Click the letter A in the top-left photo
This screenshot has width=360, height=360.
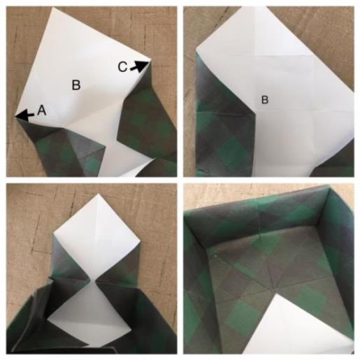tap(42, 110)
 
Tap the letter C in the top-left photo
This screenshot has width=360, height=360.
tap(122, 67)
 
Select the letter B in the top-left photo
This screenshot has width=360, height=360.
tap(76, 85)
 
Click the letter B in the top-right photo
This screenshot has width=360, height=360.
tap(265, 100)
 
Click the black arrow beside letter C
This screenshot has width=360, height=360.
tap(139, 66)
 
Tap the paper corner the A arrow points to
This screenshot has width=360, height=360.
tap(15, 116)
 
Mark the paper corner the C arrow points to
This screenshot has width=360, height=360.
tap(150, 62)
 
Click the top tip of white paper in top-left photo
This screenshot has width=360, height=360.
tap(53, 8)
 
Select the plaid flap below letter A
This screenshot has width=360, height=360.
tap(63, 149)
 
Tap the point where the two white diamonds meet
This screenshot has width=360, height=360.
tap(92, 280)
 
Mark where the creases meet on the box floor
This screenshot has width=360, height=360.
tap(271, 288)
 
